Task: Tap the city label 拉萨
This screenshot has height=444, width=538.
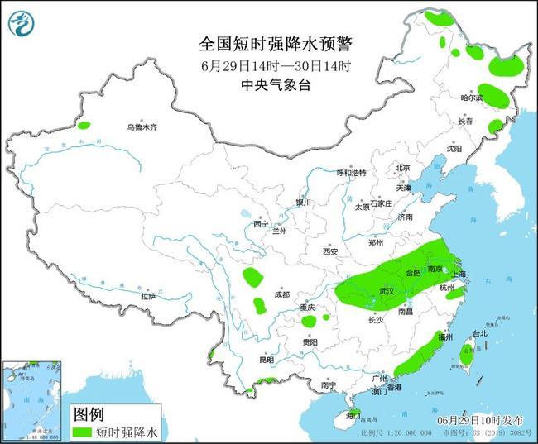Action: [x=148, y=295]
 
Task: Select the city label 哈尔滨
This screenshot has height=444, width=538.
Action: [x=471, y=98]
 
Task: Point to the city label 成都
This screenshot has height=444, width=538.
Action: [x=281, y=294]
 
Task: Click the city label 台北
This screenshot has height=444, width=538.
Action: [x=480, y=334]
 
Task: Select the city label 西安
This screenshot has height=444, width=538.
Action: [x=332, y=251]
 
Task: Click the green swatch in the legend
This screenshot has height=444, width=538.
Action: [x=82, y=432]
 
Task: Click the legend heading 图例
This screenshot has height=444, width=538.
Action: [x=89, y=413]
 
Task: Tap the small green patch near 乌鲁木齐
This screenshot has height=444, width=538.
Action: [x=84, y=126]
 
